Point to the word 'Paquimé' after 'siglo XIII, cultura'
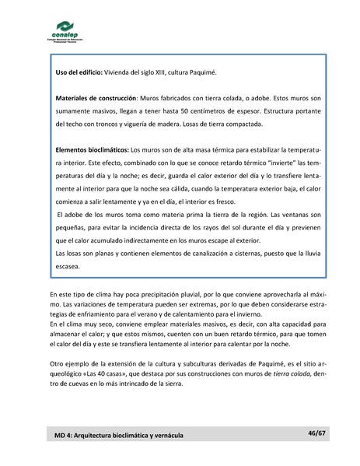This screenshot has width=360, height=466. pos(201,72)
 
